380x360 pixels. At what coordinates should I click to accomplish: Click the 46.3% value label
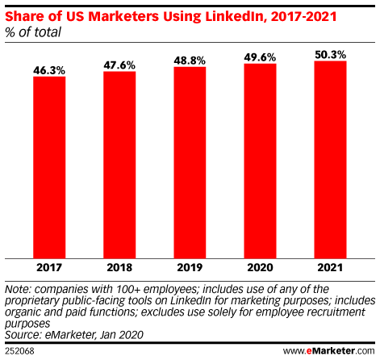(49, 70)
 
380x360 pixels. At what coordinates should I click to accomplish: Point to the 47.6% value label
(119, 65)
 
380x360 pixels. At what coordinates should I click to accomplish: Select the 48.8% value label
(190, 61)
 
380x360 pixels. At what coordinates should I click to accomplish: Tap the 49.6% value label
(260, 57)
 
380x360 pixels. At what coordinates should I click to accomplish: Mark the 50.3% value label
(330, 54)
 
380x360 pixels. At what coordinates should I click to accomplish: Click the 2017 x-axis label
(49, 267)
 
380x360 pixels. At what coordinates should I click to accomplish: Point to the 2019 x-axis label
(190, 267)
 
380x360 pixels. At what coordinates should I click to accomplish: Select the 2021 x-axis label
(330, 267)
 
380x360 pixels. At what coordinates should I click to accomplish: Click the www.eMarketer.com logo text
(330, 352)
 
